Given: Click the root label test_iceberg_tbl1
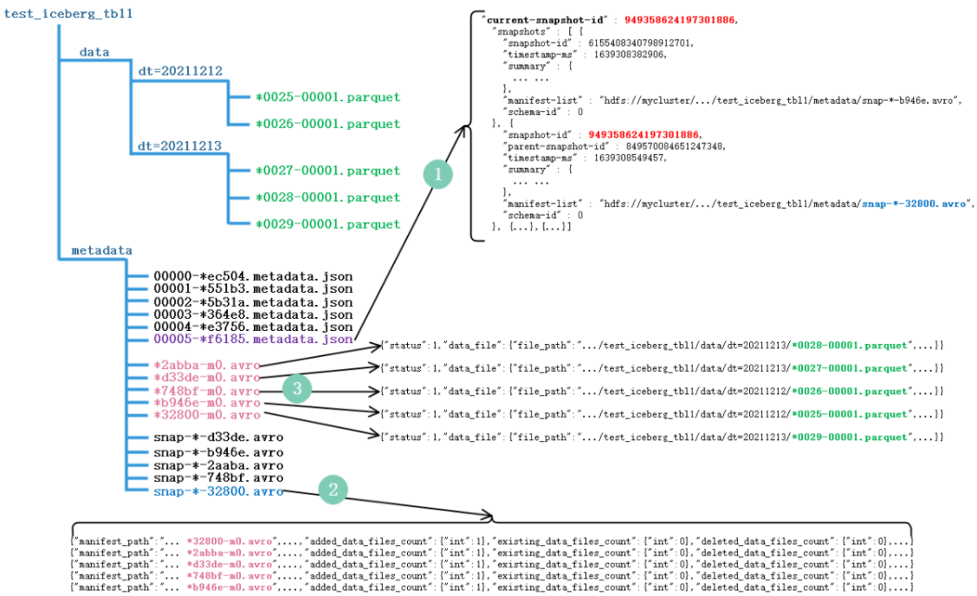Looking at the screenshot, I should pyautogui.click(x=69, y=15).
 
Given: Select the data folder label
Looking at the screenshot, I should pyautogui.click(x=94, y=52).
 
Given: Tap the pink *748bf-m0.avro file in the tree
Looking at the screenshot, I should pyautogui.click(x=206, y=391).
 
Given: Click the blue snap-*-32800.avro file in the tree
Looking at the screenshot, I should pyautogui.click(x=218, y=491).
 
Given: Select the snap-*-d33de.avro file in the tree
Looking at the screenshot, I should pyautogui.click(x=218, y=438).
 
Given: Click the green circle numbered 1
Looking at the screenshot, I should pyautogui.click(x=438, y=175).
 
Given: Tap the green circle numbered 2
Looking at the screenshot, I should pyautogui.click(x=333, y=489).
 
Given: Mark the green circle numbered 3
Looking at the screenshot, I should pyautogui.click(x=297, y=389).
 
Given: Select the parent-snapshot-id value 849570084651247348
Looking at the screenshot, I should pyautogui.click(x=675, y=146).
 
